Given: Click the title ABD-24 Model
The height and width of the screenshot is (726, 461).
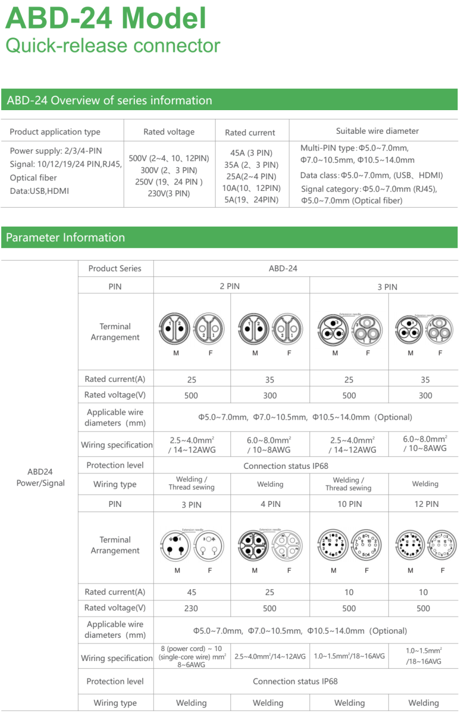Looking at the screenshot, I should point(105,18).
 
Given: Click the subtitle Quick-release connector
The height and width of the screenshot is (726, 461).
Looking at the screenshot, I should point(113,46).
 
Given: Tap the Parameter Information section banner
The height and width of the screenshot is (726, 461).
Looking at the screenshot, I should point(65,238).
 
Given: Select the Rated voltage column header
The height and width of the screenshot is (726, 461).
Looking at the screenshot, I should point(169,131).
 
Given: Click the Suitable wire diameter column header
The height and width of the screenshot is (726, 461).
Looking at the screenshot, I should point(377,131).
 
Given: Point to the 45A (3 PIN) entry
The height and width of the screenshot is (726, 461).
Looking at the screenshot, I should point(251,153).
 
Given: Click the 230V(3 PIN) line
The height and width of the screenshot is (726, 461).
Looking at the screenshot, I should point(168,194).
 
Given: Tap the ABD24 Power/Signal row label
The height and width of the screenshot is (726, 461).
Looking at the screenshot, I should point(40,477).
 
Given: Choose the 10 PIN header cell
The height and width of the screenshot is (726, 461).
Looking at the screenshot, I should point(349,504).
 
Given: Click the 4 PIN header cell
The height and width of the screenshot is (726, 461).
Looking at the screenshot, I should point(270,504).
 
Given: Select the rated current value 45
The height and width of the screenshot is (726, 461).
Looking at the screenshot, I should point(191,592).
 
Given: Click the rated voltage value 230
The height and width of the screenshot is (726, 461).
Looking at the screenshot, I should point(191,608).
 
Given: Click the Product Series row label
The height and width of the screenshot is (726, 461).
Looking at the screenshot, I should point(115,268).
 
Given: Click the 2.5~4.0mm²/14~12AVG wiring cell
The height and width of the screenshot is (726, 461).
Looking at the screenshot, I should point(270,657).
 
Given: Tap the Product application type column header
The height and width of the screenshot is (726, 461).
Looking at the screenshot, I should point(55,132).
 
